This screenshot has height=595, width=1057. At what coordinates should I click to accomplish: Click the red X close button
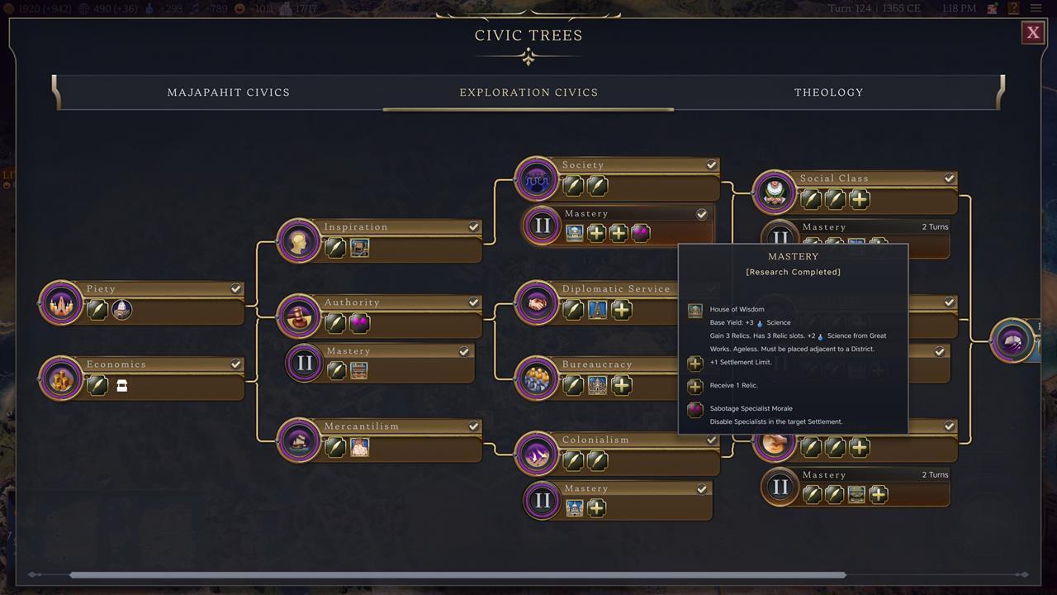pos(1032,32)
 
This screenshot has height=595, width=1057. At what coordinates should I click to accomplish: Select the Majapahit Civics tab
pos(229,93)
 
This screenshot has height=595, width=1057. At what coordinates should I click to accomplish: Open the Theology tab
pos(828,93)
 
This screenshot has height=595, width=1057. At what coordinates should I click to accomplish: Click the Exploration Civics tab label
pos(528,93)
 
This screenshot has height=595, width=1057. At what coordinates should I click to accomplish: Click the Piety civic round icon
pos(61,303)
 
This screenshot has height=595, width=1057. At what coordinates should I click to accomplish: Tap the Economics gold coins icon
pos(61,378)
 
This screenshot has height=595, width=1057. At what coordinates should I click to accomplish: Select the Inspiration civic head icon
pos(298,241)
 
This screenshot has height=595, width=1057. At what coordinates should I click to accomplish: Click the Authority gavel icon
pos(298,317)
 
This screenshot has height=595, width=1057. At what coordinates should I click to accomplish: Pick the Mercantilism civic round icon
pos(298,440)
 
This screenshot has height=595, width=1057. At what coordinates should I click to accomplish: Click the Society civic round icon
pos(536,178)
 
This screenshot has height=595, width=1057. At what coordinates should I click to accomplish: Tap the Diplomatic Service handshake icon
pos(536,302)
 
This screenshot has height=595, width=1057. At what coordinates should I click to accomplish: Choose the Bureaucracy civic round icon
pos(536,378)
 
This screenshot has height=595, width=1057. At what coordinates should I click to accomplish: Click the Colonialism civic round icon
pos(536,454)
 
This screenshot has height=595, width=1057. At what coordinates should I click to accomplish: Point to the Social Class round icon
pos(774,193)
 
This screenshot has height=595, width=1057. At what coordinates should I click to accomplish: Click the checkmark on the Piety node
pos(236,288)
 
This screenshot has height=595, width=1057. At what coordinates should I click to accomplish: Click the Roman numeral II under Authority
pos(305,364)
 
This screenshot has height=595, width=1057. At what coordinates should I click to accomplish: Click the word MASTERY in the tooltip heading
pos(793,256)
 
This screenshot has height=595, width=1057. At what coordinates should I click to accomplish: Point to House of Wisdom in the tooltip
pos(737,309)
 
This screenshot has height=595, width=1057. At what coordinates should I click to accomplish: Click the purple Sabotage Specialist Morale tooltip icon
pos(695,409)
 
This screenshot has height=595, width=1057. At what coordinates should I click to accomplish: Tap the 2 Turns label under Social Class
pos(935,226)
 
